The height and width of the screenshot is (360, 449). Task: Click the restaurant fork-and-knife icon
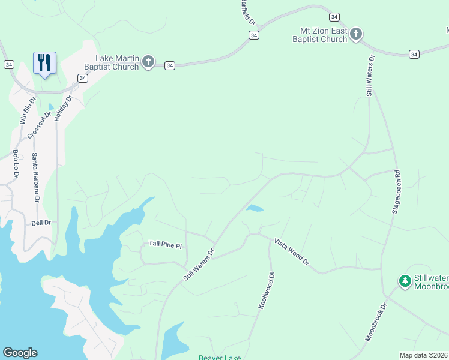(44, 62)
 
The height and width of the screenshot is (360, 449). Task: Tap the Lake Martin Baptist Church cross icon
(148, 61)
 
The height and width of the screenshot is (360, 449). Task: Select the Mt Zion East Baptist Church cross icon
(356, 34)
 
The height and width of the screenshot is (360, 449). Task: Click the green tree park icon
(405, 281)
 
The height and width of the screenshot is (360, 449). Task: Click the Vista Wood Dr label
(292, 252)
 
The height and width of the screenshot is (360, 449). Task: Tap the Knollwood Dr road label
(266, 291)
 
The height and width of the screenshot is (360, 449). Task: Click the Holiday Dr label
(63, 108)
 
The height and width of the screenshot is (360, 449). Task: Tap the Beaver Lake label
(220, 358)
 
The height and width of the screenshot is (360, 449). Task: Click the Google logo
(20, 353)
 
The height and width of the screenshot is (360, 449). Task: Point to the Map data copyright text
(424, 355)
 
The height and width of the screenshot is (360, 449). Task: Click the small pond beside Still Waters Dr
(255, 209)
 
